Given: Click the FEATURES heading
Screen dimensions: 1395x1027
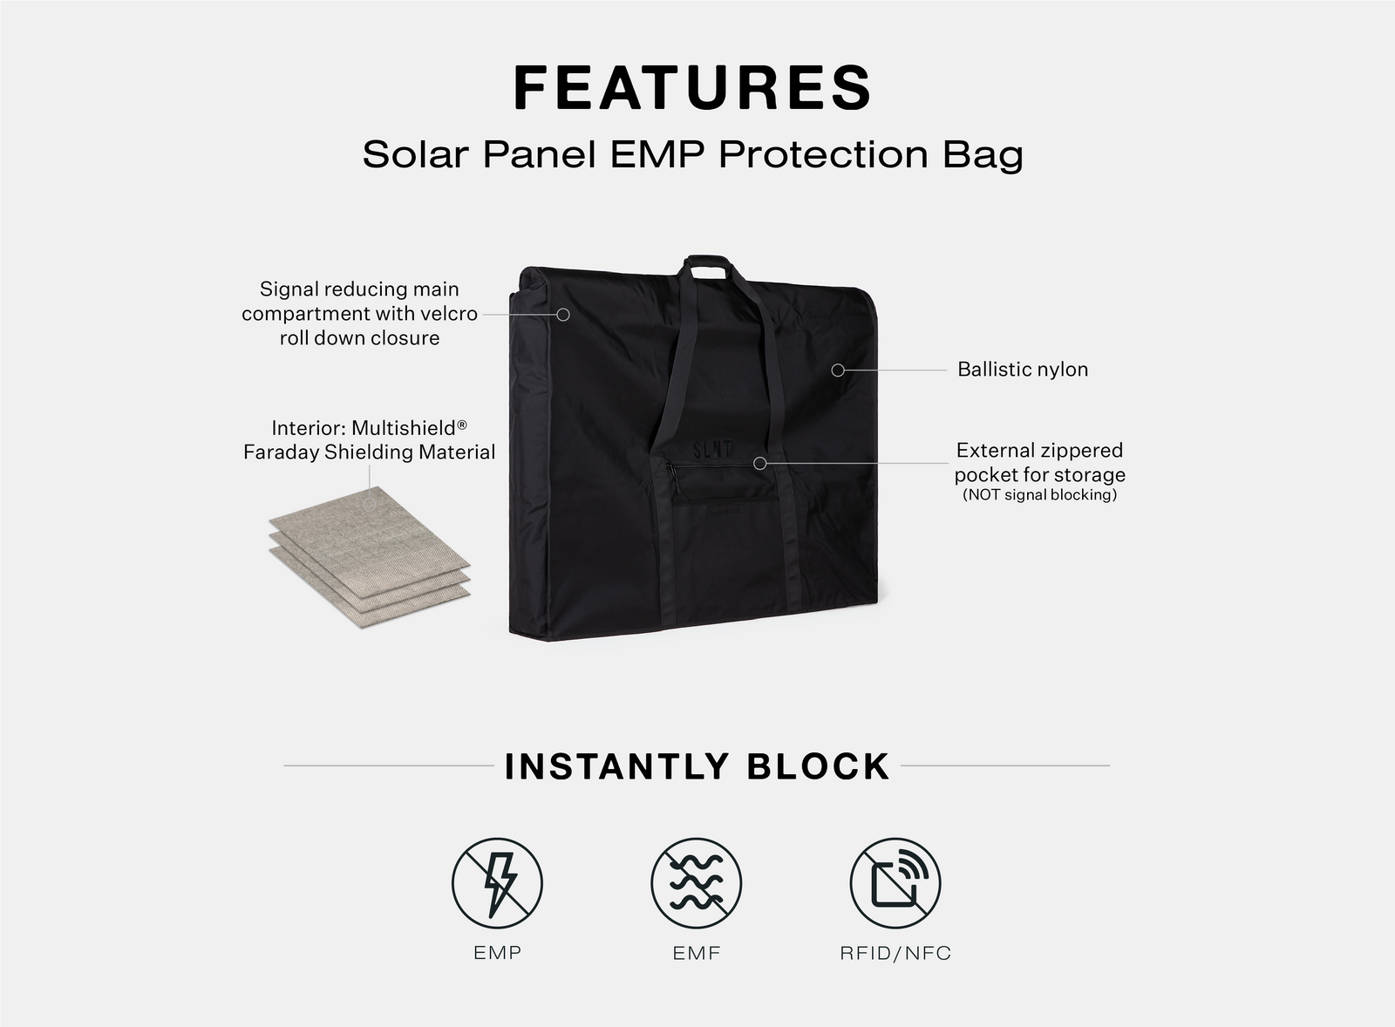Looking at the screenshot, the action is pos(692,87).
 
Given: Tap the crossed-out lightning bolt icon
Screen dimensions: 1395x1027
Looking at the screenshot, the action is pos(497,883).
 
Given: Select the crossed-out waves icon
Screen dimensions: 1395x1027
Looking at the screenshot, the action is pos(697,883).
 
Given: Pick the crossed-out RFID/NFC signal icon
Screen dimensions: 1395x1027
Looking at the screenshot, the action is pos(895,883).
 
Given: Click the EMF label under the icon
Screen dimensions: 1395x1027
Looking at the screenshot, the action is pos(697,953).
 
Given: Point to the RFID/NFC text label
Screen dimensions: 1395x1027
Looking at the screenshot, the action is pos(895,953).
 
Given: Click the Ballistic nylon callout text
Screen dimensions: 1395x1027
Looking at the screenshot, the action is pos(1023,370).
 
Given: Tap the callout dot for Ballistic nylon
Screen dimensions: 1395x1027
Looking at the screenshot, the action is pos(838,370).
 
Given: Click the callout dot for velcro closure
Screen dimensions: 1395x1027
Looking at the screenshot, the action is pos(563,315).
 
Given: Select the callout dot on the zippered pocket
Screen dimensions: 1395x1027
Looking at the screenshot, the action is pos(759,463).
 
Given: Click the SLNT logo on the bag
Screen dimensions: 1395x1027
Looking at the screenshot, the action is pos(713,449).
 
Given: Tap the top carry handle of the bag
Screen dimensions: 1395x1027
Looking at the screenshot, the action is pos(706,266).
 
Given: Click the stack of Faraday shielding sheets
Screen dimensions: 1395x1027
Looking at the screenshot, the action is pos(370,557).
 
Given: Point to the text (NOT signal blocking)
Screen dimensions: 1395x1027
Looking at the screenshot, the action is pos(1039,494).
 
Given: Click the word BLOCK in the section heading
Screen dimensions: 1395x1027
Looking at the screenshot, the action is pos(819,766).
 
